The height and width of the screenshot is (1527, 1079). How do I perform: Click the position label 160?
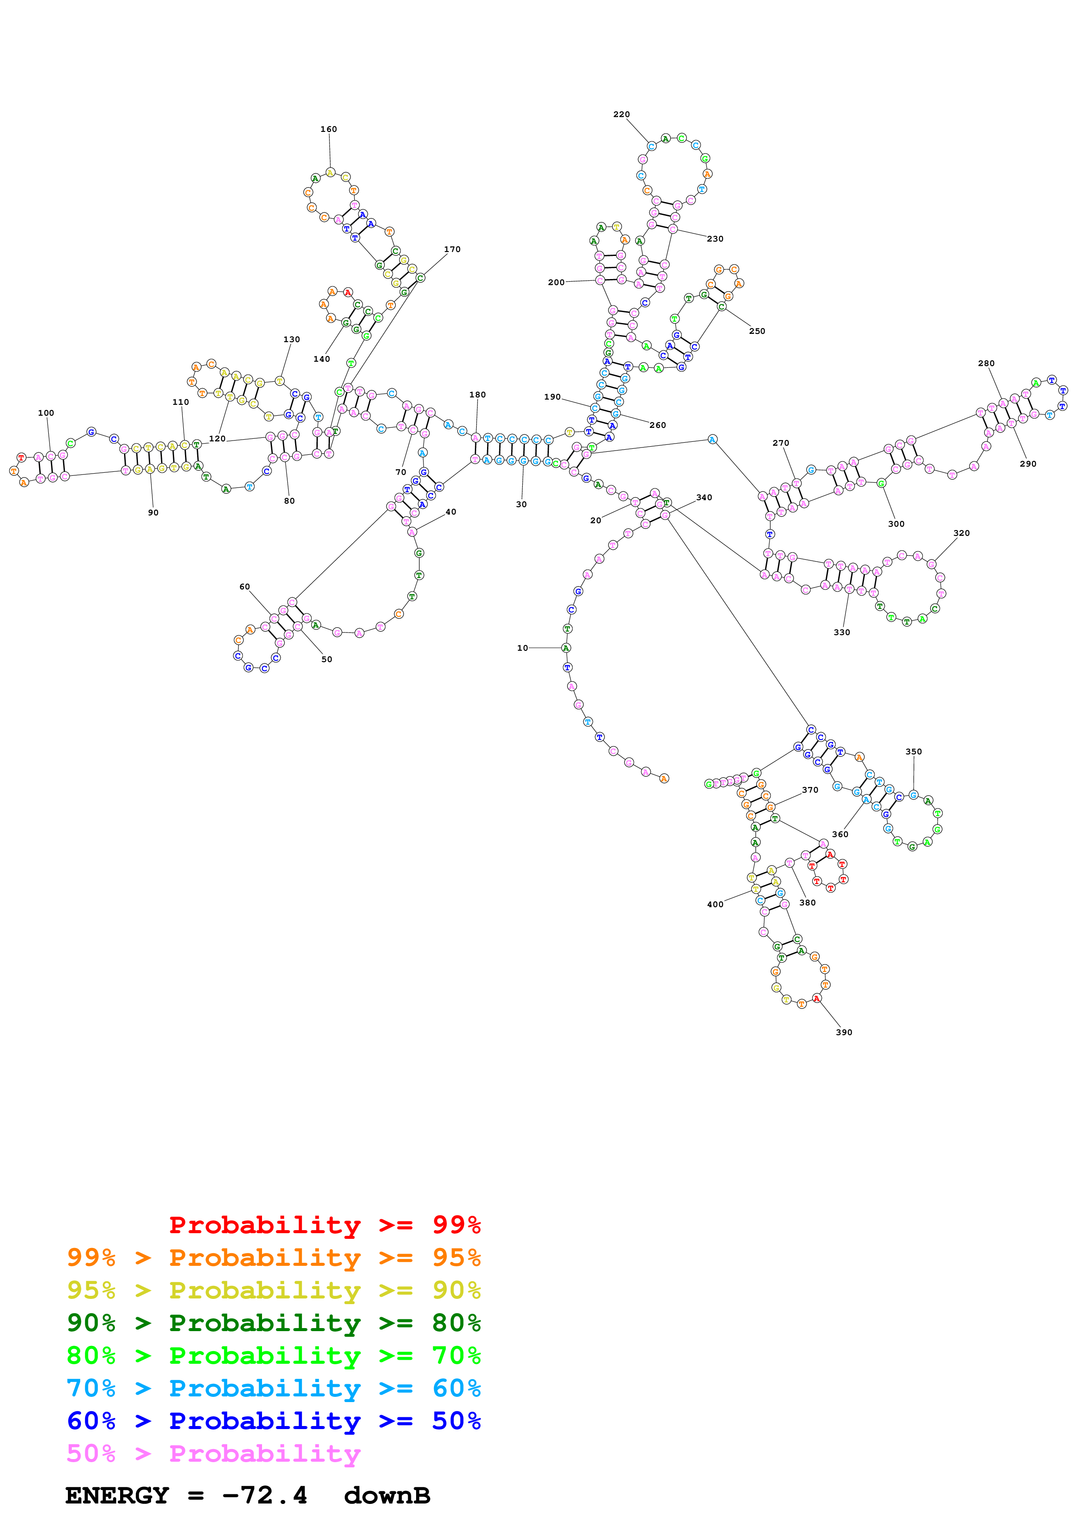coord(329,129)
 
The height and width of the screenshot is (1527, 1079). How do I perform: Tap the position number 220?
coord(621,114)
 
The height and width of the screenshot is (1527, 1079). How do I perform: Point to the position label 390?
coord(844,1032)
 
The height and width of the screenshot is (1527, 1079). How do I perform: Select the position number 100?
coord(46,413)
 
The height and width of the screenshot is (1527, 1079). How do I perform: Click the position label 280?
coord(986,363)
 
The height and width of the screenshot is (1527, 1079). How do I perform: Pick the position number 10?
coord(523,648)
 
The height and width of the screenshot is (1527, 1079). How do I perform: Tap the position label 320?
coord(961,533)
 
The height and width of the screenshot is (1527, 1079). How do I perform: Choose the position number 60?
coord(245,587)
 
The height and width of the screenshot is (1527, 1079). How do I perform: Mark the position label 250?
coord(756,331)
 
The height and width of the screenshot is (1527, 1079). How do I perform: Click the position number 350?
coord(914,751)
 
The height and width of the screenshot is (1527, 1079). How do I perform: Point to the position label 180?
coord(477,394)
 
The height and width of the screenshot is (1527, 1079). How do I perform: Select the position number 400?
coord(715,905)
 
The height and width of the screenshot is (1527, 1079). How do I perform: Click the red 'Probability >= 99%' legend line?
coord(324,1225)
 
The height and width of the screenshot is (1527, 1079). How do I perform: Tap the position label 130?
coord(291,339)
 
